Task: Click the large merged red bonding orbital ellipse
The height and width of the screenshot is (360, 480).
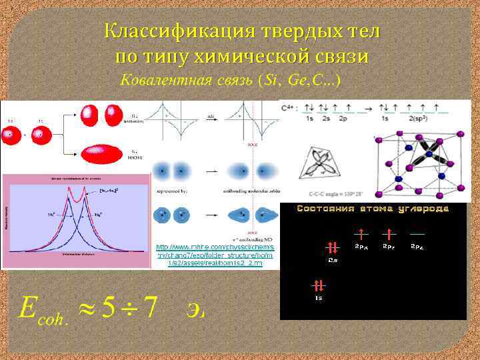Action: coord(102,153)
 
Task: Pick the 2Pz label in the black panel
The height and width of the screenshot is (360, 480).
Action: coord(417,247)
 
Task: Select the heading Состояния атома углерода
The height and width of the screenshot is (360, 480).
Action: coord(373,209)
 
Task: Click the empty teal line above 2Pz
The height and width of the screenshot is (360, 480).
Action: coord(417,235)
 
